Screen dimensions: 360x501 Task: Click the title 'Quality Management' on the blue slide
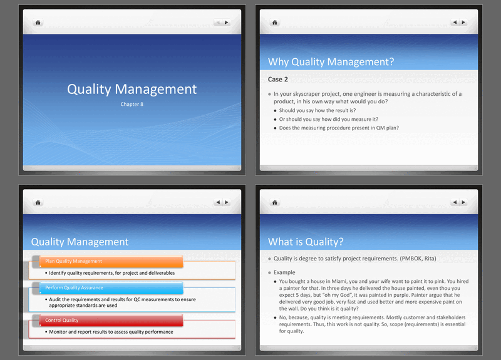132,90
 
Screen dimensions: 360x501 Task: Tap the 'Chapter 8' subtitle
132,104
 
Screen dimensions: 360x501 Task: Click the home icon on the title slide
38,23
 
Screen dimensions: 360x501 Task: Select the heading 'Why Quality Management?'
331,61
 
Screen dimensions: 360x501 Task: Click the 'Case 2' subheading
278,80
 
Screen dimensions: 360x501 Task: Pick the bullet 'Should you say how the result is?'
318,110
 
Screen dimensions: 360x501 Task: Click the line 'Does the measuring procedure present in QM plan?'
339,128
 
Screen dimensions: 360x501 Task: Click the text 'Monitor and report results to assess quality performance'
111,332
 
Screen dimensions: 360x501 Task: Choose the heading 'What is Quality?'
305,242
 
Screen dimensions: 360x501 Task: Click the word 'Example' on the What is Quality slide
285,273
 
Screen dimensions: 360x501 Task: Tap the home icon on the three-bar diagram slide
38,202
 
